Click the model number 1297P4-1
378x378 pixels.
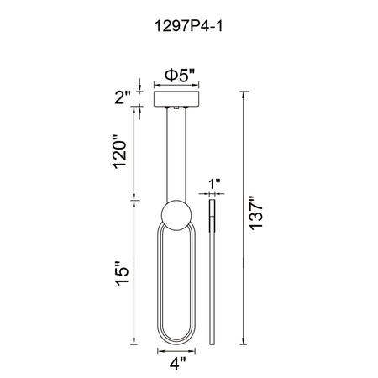[189, 27]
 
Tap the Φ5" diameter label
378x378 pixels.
[180, 76]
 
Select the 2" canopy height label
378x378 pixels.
[123, 97]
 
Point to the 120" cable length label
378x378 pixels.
[119, 152]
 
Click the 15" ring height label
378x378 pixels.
[123, 274]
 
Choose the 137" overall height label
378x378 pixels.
[256, 213]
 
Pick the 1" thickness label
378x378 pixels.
[214, 184]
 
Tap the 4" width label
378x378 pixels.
[177, 363]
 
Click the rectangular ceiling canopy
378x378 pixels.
[176, 98]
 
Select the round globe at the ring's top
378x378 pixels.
[176, 215]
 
